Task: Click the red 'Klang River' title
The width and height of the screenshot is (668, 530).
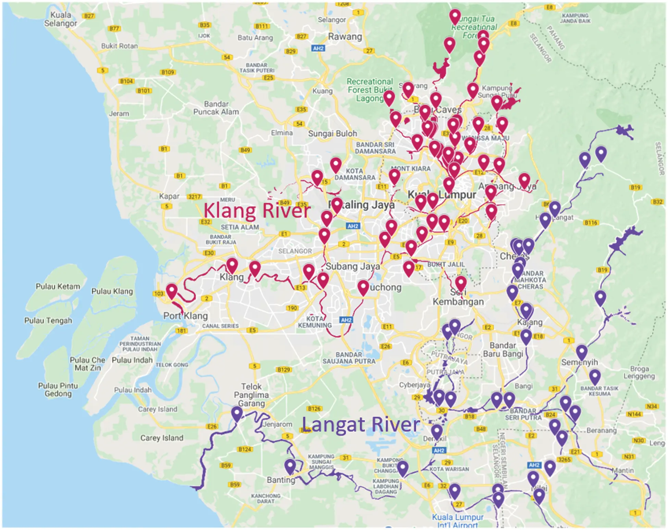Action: pyautogui.click(x=257, y=210)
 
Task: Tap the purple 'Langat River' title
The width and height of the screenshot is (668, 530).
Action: pyautogui.click(x=361, y=425)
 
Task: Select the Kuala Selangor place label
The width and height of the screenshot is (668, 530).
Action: pyautogui.click(x=60, y=19)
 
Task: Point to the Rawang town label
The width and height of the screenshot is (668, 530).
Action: pyautogui.click(x=345, y=37)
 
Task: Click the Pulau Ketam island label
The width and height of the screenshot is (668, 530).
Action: pyautogui.click(x=58, y=286)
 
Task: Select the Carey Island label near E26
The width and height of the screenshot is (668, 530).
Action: pyautogui.click(x=162, y=438)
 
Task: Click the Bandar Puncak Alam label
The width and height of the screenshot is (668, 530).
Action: pyautogui.click(x=216, y=108)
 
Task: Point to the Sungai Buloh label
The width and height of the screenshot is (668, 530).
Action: pyautogui.click(x=332, y=134)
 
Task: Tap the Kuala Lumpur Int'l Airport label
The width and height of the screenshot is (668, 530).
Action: pyautogui.click(x=457, y=521)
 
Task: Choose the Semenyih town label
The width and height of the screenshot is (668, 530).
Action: pyautogui.click(x=579, y=362)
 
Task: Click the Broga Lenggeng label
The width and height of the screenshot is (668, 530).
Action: pyautogui.click(x=639, y=372)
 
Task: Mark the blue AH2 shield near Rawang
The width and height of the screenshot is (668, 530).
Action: pyautogui.click(x=318, y=48)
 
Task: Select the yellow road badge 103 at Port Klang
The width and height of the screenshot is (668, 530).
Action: pyautogui.click(x=159, y=294)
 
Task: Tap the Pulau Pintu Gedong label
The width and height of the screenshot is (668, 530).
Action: pyautogui.click(x=58, y=390)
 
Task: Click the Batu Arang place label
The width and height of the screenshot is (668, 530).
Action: pyautogui.click(x=255, y=38)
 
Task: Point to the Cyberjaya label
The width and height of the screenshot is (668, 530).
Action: pyautogui.click(x=414, y=385)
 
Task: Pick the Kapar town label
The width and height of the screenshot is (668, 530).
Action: pyautogui.click(x=169, y=196)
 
